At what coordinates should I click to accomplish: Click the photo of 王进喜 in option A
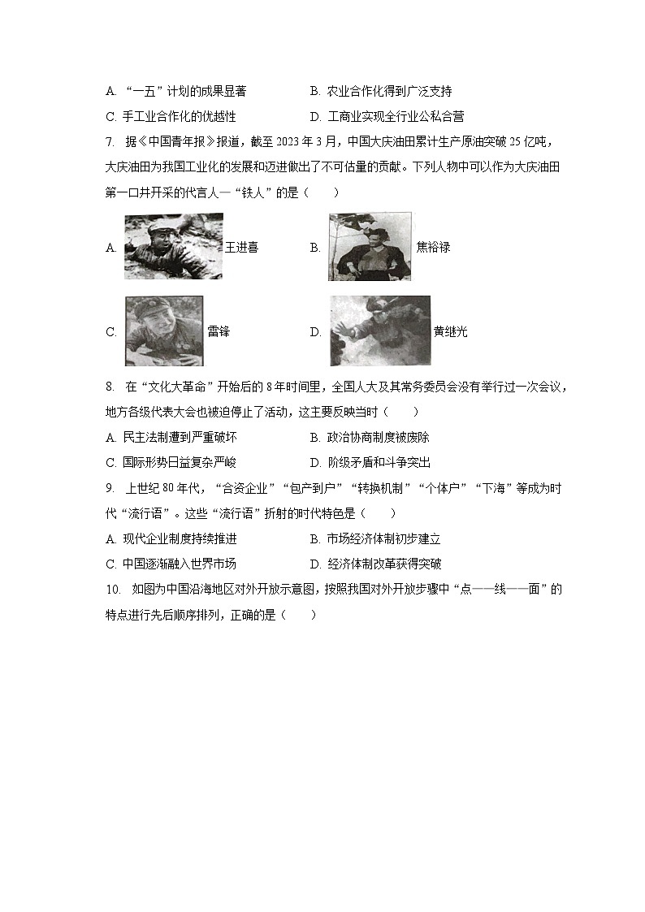[x=174, y=246]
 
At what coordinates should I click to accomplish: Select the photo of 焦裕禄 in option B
[x=370, y=247]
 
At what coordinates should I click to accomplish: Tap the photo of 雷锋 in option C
[x=163, y=331]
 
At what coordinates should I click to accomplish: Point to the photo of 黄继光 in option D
[x=379, y=331]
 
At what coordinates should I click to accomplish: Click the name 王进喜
[x=241, y=247]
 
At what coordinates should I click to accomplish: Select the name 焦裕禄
[x=432, y=247]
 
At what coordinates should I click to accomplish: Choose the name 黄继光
[x=450, y=331]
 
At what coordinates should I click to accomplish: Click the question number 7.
[x=110, y=143]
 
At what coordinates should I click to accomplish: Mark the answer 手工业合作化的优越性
[x=180, y=116]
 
